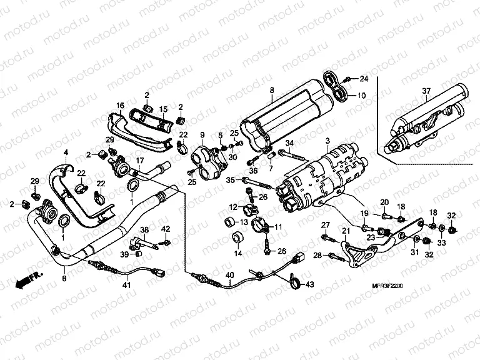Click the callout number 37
click(426, 91)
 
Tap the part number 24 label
click(364, 78)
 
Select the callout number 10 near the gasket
click(361, 96)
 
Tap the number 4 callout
click(65, 152)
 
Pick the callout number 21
click(344, 232)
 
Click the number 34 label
click(288, 144)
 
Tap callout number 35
click(230, 180)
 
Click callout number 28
click(317, 256)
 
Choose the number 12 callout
click(232, 207)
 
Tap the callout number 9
click(202, 135)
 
